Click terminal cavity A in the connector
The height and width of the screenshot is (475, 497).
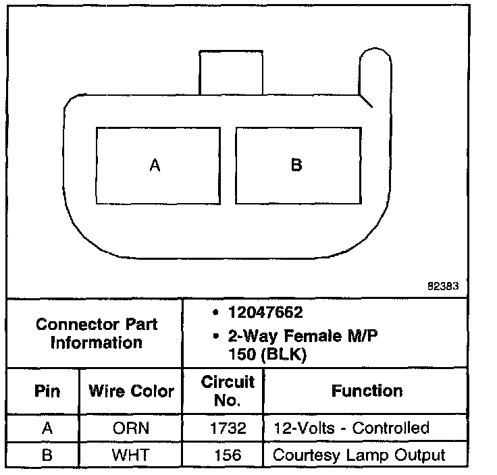click(157, 166)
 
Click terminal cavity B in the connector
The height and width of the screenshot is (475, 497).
click(297, 166)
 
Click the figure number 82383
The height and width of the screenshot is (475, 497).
click(443, 285)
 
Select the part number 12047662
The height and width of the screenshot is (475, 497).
click(265, 312)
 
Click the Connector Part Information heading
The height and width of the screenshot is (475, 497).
click(96, 333)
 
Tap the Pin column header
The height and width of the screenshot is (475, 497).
click(47, 391)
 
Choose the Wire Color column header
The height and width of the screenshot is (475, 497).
click(131, 391)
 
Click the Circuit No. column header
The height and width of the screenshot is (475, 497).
click(228, 391)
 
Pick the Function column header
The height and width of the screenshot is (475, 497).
click(367, 391)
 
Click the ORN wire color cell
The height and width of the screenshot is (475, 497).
click(131, 428)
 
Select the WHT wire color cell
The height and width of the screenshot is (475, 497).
click(131, 455)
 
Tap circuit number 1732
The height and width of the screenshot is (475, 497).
click(228, 428)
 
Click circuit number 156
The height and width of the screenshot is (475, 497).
click(228, 455)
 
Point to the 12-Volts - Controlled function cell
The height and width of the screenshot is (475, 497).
click(350, 428)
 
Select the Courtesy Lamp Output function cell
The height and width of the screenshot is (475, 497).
click(359, 455)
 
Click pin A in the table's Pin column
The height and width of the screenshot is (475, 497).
click(47, 428)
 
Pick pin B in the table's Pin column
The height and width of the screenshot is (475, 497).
click(47, 455)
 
